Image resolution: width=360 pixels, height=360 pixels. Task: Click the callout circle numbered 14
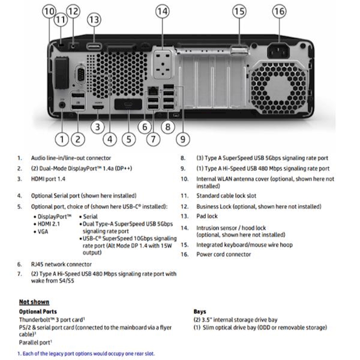tap(162, 11)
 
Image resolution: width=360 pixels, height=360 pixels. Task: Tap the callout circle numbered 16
tap(279, 11)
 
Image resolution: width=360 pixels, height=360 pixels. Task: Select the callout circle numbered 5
tap(129, 139)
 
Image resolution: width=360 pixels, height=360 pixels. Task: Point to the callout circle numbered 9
tap(182, 139)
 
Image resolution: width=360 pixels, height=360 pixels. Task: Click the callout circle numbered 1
tap(62, 139)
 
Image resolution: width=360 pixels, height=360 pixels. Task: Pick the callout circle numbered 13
tap(94, 20)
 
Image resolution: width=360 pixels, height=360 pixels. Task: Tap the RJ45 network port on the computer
tap(152, 90)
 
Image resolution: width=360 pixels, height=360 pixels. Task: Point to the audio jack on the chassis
tap(63, 104)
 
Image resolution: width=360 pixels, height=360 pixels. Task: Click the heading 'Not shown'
tap(34, 302)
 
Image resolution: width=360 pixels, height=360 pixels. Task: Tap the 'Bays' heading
tap(200, 311)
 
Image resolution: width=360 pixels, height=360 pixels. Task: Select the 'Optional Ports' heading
tap(38, 311)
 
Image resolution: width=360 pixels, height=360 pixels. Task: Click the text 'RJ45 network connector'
tap(61, 264)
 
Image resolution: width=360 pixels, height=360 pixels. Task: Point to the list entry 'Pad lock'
tap(207, 216)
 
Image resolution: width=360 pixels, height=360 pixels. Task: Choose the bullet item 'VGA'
tap(43, 232)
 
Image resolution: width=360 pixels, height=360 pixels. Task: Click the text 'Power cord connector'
tap(224, 254)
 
